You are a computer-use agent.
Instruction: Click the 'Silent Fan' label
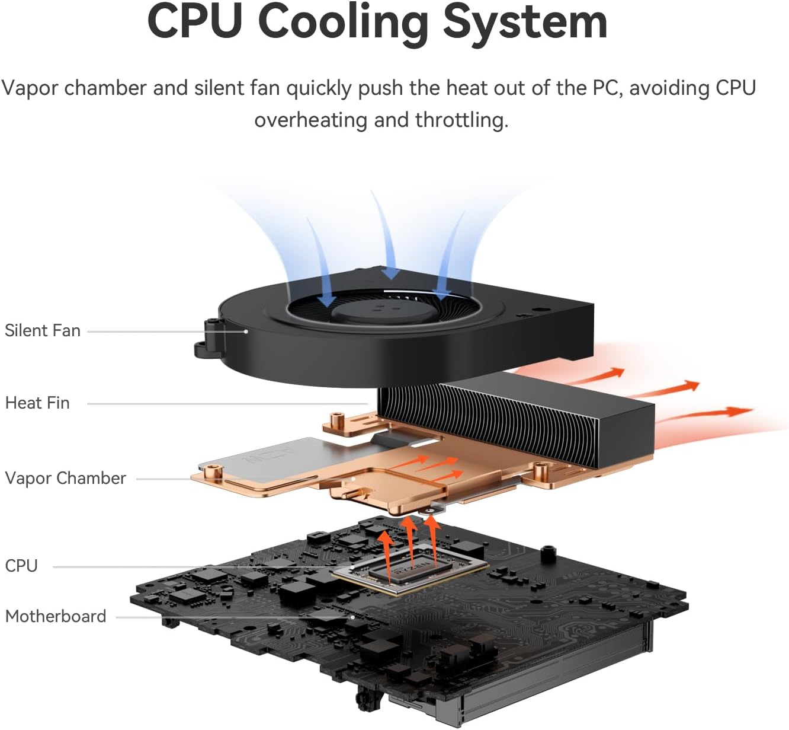click(43, 330)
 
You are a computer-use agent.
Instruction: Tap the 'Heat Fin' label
click(37, 403)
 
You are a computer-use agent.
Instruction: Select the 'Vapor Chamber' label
click(65, 478)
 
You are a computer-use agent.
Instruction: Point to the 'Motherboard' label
click(56, 616)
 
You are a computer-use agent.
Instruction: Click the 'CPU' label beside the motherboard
click(21, 566)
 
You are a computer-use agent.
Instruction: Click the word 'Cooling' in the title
click(344, 23)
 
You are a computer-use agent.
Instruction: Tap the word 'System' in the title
click(525, 23)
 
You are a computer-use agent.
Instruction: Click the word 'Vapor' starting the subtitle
click(30, 88)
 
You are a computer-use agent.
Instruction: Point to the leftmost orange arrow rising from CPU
click(386, 552)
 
